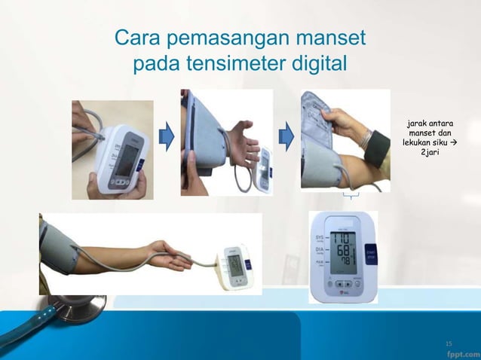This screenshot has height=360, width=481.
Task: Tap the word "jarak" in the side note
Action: pyautogui.click(x=418, y=122)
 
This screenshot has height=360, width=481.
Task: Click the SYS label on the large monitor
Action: pyautogui.click(x=319, y=237)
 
